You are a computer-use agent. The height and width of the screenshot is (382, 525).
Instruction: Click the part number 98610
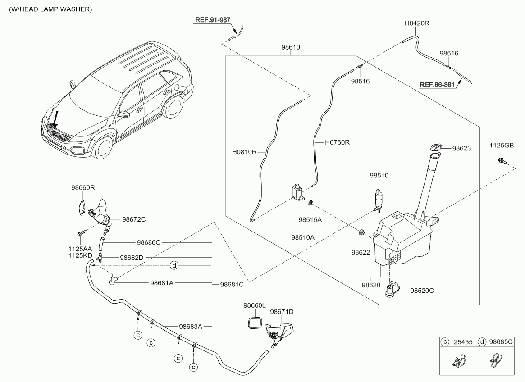pos(291,47)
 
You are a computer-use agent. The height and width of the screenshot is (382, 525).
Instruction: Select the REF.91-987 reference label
pos(212,20)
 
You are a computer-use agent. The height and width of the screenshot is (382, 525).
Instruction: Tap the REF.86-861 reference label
pos(437,85)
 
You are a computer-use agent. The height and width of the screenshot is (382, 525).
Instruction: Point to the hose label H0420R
pos(416,23)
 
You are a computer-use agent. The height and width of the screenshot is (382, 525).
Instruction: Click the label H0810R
pos(244,152)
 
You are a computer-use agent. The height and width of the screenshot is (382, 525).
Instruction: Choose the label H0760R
pos(338,142)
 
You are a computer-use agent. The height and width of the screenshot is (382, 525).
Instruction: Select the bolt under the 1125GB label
pos(501,161)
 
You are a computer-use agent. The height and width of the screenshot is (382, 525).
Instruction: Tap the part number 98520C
pos(422,291)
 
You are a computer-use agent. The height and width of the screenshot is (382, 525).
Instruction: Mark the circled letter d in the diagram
pos(175,266)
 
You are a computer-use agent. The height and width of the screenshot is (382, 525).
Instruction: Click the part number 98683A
pos(190,327)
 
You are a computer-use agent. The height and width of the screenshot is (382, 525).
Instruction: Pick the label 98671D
pos(282,311)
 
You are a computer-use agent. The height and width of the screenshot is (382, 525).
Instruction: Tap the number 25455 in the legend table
pos(463,342)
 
